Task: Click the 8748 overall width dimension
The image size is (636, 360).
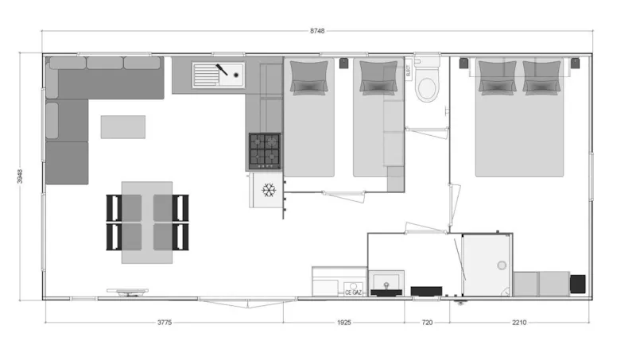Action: tap(317, 31)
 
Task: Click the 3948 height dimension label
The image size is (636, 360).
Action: tap(19, 176)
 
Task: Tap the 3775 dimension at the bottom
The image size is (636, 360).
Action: tap(164, 323)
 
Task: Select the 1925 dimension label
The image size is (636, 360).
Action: tap(343, 323)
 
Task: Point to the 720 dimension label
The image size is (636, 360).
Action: tap(427, 323)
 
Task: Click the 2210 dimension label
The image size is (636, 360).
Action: tap(520, 323)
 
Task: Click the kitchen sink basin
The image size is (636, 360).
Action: tap(206, 75)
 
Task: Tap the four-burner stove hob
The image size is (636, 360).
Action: tap(266, 149)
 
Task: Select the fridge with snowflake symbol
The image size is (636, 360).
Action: tap(269, 190)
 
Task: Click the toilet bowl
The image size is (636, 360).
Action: tap(427, 87)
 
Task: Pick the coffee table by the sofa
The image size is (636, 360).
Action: tap(122, 126)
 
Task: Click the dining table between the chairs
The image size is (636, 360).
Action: tap(147, 222)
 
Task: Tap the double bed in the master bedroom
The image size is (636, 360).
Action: tap(520, 127)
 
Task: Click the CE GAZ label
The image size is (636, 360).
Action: tap(354, 292)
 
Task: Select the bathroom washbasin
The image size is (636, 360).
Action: tap(387, 282)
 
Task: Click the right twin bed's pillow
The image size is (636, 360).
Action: tap(378, 78)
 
